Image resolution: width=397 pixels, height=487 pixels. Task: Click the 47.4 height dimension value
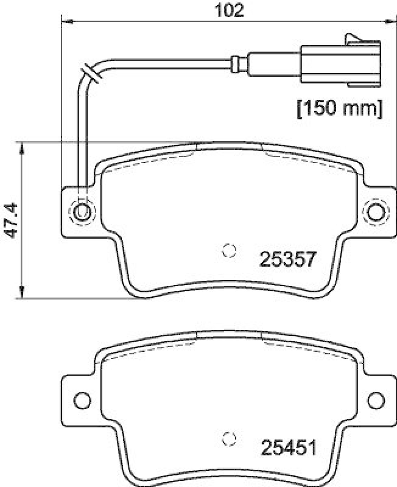[10, 221]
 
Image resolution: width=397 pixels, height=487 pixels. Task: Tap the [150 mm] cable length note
[339, 110]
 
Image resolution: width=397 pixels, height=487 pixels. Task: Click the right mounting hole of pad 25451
[376, 399]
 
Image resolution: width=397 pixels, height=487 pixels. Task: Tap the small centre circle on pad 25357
[230, 250]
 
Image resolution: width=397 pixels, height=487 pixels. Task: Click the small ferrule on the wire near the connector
[237, 61]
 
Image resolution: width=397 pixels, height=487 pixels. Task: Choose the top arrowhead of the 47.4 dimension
[23, 147]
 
